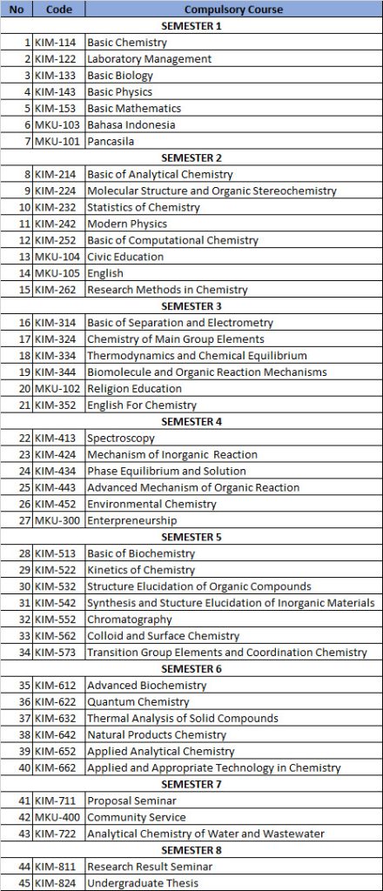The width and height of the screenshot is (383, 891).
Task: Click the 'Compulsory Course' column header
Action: (x=233, y=9)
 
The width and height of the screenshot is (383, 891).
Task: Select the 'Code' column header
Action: (x=59, y=9)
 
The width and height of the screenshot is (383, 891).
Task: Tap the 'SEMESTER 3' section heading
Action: (x=191, y=306)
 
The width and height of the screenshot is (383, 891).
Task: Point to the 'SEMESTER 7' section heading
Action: (x=191, y=785)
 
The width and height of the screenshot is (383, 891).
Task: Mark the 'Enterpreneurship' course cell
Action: (x=131, y=521)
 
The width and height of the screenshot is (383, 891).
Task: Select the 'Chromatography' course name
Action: (x=129, y=620)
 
